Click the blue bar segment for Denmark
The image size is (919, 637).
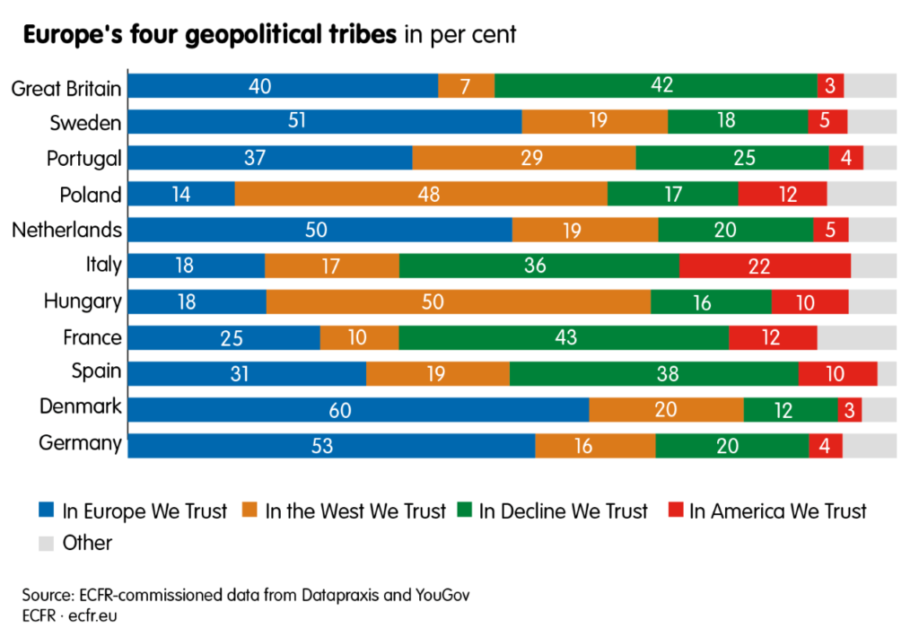pyautogui.click(x=358, y=409)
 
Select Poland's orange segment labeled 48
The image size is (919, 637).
pyautogui.click(x=421, y=195)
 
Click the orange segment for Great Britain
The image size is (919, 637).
pyautogui.click(x=466, y=86)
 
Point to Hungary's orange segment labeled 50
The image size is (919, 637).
pyautogui.click(x=459, y=301)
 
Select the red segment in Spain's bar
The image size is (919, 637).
pyautogui.click(x=837, y=373)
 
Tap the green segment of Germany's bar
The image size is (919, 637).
pyautogui.click(x=731, y=445)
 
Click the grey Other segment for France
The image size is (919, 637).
pyautogui.click(x=856, y=337)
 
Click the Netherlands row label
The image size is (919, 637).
pyautogui.click(x=66, y=231)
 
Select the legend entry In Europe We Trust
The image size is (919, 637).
pyautogui.click(x=144, y=511)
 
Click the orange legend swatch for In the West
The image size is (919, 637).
pyautogui.click(x=250, y=511)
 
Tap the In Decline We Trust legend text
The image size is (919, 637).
pyautogui.click(x=563, y=511)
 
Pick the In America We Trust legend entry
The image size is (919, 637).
pyautogui.click(x=777, y=511)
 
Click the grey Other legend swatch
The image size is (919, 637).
pyautogui.click(x=47, y=544)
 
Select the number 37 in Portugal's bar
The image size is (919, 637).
pyautogui.click(x=270, y=159)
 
